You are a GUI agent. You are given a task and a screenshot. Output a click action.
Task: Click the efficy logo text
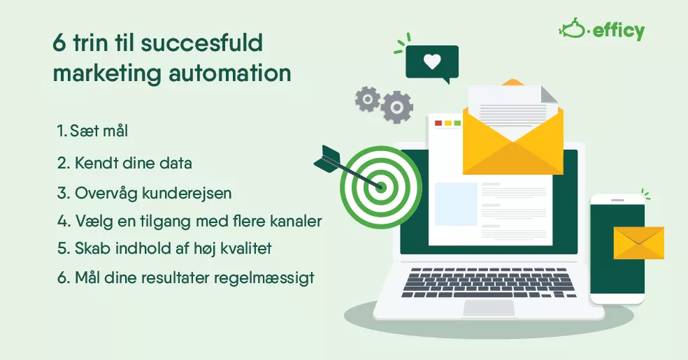(x=619, y=31)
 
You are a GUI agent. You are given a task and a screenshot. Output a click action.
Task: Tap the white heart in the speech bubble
(x=432, y=62)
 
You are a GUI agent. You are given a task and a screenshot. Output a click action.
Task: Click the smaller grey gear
(x=367, y=99)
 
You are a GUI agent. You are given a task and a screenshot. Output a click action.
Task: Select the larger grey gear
(x=396, y=107)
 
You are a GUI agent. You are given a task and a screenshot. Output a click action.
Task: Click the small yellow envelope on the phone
(x=638, y=243)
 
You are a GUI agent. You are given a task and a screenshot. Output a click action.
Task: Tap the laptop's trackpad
(x=489, y=308)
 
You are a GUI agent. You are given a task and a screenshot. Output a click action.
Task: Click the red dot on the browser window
(x=438, y=123)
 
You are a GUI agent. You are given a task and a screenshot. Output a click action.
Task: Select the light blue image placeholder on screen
(x=456, y=204)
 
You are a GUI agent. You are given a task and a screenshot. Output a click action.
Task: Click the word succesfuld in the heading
(x=202, y=43)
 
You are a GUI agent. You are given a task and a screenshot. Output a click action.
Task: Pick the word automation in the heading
(x=230, y=73)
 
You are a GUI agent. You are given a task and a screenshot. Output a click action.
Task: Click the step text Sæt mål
(x=99, y=131)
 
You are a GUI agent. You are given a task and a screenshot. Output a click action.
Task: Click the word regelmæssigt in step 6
(x=264, y=278)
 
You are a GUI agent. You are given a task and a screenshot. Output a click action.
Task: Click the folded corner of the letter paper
(x=549, y=94)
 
